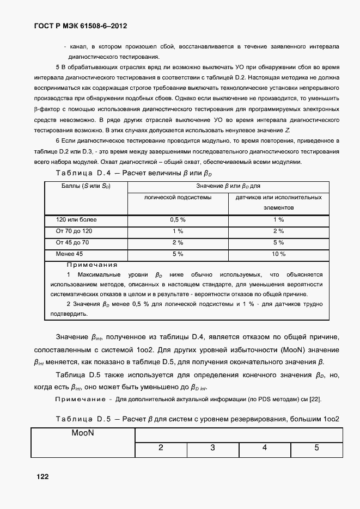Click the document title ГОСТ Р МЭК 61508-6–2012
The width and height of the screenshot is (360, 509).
pos(82,26)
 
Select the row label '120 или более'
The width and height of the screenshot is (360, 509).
pos(76,219)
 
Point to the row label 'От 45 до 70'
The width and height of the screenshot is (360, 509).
pos(72,242)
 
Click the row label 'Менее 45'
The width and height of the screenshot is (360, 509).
pos(70,254)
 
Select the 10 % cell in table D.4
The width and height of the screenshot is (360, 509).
pos(278,254)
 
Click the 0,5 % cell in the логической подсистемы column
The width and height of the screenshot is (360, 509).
pos(178,219)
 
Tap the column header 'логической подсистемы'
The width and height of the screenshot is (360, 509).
pos(178,197)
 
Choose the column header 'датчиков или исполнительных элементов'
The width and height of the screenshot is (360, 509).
pos(278,202)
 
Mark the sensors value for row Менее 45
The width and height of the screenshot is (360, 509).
pos(278,254)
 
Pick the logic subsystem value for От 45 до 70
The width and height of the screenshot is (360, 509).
pos(178,242)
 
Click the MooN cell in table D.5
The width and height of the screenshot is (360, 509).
pos(83,434)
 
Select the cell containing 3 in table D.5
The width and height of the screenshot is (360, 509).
pos(212,448)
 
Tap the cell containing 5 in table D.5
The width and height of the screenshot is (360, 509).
pos(316,448)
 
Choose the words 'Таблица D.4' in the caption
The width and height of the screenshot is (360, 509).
pos(83,173)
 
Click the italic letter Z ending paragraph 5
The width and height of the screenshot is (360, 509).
pos(287,131)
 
